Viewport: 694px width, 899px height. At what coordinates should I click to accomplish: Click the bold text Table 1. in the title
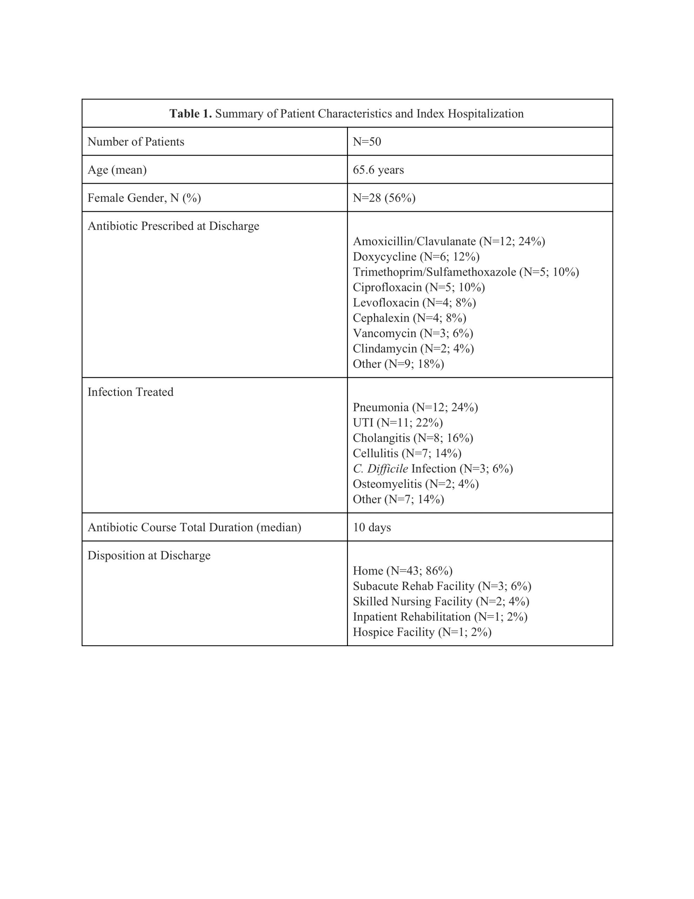[x=191, y=114]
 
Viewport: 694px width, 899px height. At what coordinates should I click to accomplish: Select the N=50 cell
[x=367, y=142]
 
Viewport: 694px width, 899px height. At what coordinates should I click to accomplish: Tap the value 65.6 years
[x=378, y=170]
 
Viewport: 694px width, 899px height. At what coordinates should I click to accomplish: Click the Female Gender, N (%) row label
[x=144, y=198]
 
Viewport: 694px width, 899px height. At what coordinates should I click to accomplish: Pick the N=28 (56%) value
[x=384, y=198]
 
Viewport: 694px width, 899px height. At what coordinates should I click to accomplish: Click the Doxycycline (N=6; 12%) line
[x=416, y=256]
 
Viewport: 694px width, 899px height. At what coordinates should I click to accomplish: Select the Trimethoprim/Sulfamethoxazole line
[x=466, y=272]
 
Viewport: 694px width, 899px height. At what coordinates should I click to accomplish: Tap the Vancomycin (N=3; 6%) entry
[x=413, y=333]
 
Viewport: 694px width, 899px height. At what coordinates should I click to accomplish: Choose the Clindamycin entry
[x=413, y=348]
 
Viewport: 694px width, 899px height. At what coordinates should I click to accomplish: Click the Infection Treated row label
[x=131, y=392]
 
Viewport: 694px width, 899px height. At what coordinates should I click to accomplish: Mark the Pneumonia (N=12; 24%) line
[x=415, y=407]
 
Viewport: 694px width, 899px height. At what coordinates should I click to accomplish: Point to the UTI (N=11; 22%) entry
[x=398, y=422]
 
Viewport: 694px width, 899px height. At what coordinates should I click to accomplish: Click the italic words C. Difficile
[x=380, y=468]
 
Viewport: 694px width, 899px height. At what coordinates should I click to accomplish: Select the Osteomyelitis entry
[x=415, y=484]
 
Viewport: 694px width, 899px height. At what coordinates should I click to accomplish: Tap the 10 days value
[x=372, y=527]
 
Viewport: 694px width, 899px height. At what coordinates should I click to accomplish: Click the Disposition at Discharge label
[x=149, y=555]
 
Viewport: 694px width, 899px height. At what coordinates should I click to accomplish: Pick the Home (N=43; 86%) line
[x=402, y=571]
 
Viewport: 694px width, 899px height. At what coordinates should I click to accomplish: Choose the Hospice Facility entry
[x=422, y=632]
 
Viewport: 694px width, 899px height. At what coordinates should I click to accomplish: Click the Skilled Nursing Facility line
[x=441, y=602]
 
